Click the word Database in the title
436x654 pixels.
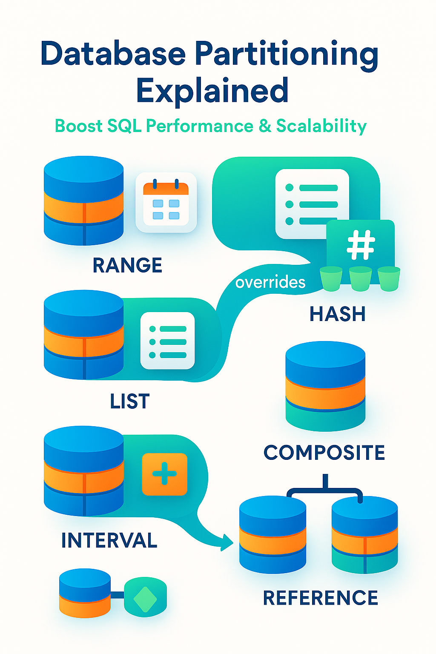(113, 54)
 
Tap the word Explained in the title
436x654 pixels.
(212, 91)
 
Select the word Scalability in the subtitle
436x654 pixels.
(321, 126)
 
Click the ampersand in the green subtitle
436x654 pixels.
(264, 126)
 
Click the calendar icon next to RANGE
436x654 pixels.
(166, 202)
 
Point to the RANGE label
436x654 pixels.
(127, 266)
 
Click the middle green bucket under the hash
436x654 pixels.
(360, 278)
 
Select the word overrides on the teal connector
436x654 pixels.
(270, 282)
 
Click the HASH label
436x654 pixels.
(337, 314)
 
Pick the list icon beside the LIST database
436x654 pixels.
(167, 341)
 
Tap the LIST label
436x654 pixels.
(129, 402)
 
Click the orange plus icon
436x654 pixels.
(164, 474)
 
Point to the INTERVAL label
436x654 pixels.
(109, 541)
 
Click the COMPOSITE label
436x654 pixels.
(324, 453)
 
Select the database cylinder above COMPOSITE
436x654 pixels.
(325, 386)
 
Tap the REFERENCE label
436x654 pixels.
(320, 598)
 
